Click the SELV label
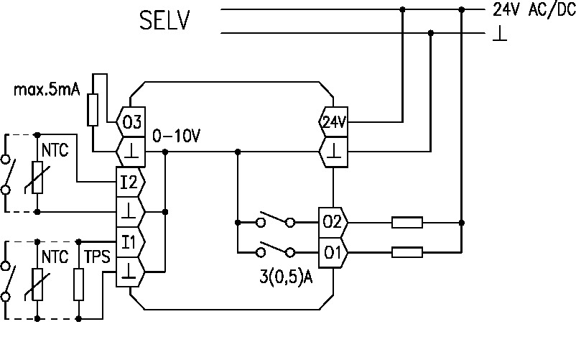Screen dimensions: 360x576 pos(164,20)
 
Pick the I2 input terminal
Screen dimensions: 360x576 pos(129,181)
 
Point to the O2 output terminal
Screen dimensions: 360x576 pos(333,222)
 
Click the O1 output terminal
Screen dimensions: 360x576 pos(333,252)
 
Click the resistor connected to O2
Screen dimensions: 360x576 pos(407,222)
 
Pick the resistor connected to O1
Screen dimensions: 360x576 pos(407,252)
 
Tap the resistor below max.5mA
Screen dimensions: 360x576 pos(93,109)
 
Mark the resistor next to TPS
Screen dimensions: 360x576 pos(79,284)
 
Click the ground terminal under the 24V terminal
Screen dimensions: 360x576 pos(333,152)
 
